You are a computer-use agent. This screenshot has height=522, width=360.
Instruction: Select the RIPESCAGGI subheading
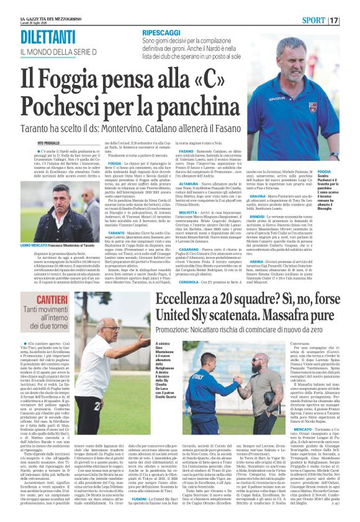pos(162,30)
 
